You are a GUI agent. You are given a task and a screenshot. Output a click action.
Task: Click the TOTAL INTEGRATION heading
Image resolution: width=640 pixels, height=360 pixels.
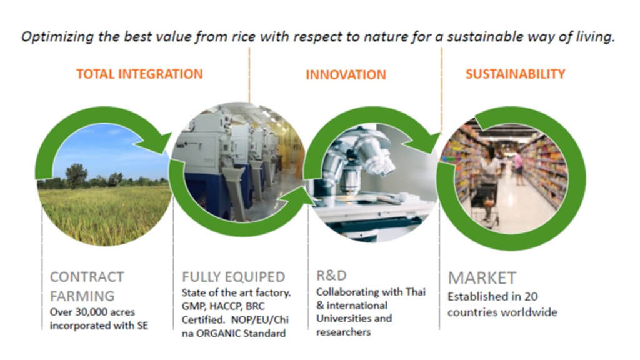(139, 74)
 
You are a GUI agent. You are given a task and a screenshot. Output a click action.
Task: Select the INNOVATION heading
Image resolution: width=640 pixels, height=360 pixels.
(346, 75)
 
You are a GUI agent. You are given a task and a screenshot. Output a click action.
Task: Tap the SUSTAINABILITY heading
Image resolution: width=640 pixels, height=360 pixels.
(516, 74)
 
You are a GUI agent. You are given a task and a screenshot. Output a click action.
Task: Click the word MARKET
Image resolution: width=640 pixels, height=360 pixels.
(482, 278)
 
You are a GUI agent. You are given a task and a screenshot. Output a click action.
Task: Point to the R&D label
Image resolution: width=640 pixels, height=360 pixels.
(331, 276)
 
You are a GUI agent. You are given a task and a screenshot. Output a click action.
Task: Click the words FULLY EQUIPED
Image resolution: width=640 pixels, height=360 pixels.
(234, 277)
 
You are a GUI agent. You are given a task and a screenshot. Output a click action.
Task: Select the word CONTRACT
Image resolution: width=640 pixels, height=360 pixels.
(87, 277)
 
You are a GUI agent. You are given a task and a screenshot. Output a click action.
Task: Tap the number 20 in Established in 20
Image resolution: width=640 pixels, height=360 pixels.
(531, 296)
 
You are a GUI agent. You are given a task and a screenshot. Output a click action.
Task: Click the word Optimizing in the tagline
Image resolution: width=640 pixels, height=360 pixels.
(57, 37)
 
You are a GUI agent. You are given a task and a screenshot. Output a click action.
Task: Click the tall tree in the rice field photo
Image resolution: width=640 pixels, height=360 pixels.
(76, 176)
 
